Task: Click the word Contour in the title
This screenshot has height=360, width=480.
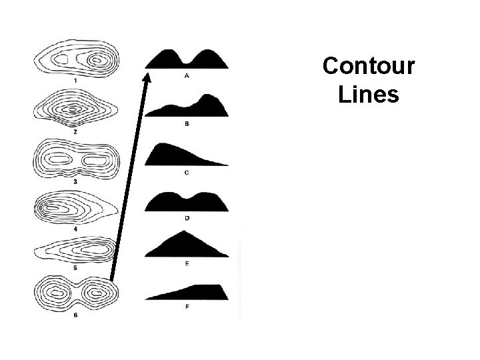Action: [x=368, y=67]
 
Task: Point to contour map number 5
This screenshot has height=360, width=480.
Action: [x=75, y=251]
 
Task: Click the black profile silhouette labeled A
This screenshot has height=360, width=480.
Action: [x=187, y=60]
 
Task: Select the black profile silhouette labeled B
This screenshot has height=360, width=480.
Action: [x=190, y=107]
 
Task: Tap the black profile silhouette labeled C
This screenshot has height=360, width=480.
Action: [x=183, y=155]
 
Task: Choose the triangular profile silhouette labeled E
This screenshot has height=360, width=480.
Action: [x=186, y=247]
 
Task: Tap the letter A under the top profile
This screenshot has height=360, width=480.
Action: [x=187, y=76]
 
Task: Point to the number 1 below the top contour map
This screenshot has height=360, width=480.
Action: [x=75, y=81]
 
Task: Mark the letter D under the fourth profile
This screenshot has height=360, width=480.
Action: [x=187, y=218]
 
